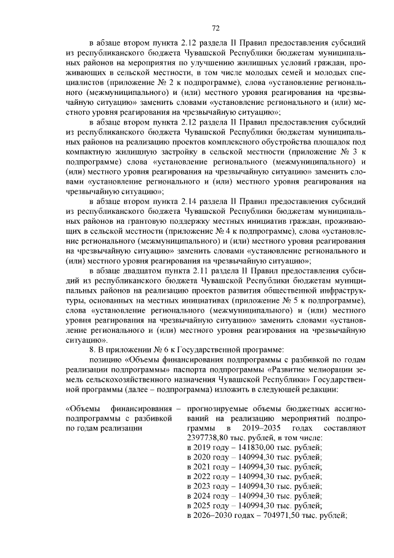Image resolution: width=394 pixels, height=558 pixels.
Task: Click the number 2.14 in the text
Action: pos(192,201)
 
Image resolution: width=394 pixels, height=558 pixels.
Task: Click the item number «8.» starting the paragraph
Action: pos(93,350)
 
